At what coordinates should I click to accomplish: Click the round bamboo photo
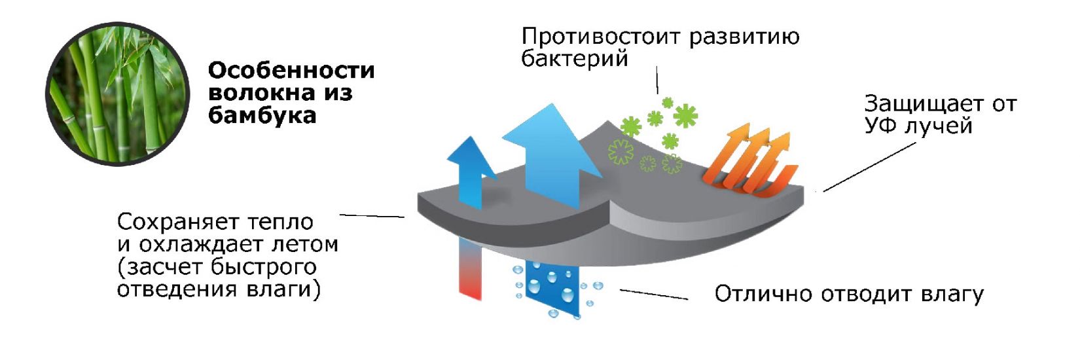click(117, 94)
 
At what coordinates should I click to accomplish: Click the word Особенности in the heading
click(291, 70)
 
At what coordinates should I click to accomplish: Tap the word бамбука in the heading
click(262, 115)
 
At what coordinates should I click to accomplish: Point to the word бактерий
click(575, 59)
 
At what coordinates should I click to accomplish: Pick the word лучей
click(938, 126)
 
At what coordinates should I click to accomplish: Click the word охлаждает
click(200, 245)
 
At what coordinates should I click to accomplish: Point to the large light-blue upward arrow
click(553, 155)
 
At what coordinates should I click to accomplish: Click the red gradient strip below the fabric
click(470, 268)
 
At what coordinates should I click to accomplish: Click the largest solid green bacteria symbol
click(685, 116)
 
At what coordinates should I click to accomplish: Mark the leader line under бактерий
click(657, 80)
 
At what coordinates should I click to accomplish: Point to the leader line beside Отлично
click(654, 295)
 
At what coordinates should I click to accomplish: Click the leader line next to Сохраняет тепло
click(372, 216)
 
